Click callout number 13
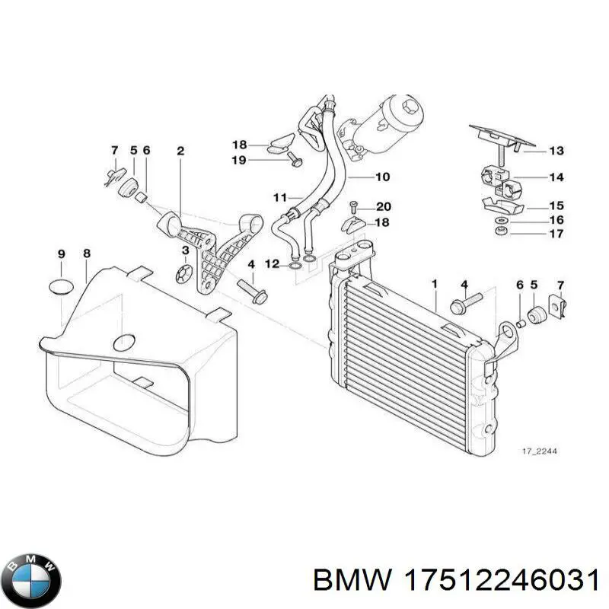[x=556, y=151]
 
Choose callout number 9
[x=62, y=253]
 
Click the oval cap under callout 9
[x=62, y=287]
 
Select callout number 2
[x=180, y=151]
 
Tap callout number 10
[x=381, y=177]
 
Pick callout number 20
[x=383, y=207]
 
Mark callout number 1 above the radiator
[x=435, y=285]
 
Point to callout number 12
[x=273, y=263]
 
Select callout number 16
[x=556, y=220]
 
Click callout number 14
[x=556, y=177]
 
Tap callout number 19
[x=239, y=160]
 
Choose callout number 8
[x=87, y=253]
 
